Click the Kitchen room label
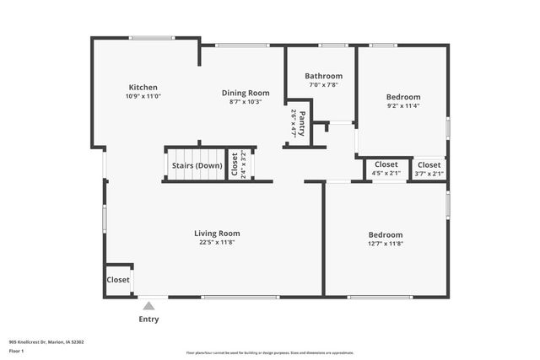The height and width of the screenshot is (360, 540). tap(143, 88)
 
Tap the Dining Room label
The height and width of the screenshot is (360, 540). tap(246, 93)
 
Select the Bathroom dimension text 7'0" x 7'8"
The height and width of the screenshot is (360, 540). tap(323, 85)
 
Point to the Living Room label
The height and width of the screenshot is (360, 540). tap(217, 234)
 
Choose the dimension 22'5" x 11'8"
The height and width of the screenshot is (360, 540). tap(217, 243)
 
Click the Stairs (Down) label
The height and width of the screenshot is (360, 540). tap(197, 165)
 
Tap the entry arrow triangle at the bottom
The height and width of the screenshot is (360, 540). tap(148, 306)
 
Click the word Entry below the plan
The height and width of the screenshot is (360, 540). tap(148, 320)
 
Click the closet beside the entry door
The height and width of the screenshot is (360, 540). tap(118, 280)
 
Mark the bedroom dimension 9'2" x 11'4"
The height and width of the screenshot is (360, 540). tap(402, 106)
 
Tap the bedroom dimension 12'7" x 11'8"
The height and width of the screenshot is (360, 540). tap(385, 244)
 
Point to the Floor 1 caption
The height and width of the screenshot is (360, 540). tap(17, 351)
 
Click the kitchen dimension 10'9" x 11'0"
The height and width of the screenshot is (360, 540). tap(143, 97)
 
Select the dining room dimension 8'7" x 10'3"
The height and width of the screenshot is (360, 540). tap(246, 102)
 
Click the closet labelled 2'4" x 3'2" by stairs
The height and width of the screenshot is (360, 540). tap(239, 165)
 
